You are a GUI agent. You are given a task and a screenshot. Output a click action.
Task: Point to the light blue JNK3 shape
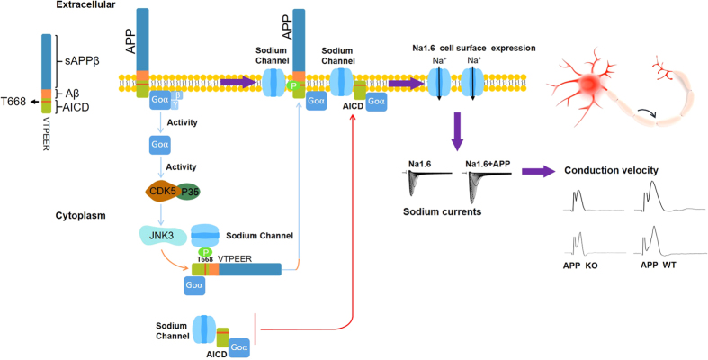(x=160, y=235)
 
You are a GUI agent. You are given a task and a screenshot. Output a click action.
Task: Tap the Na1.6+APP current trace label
(x=487, y=164)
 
